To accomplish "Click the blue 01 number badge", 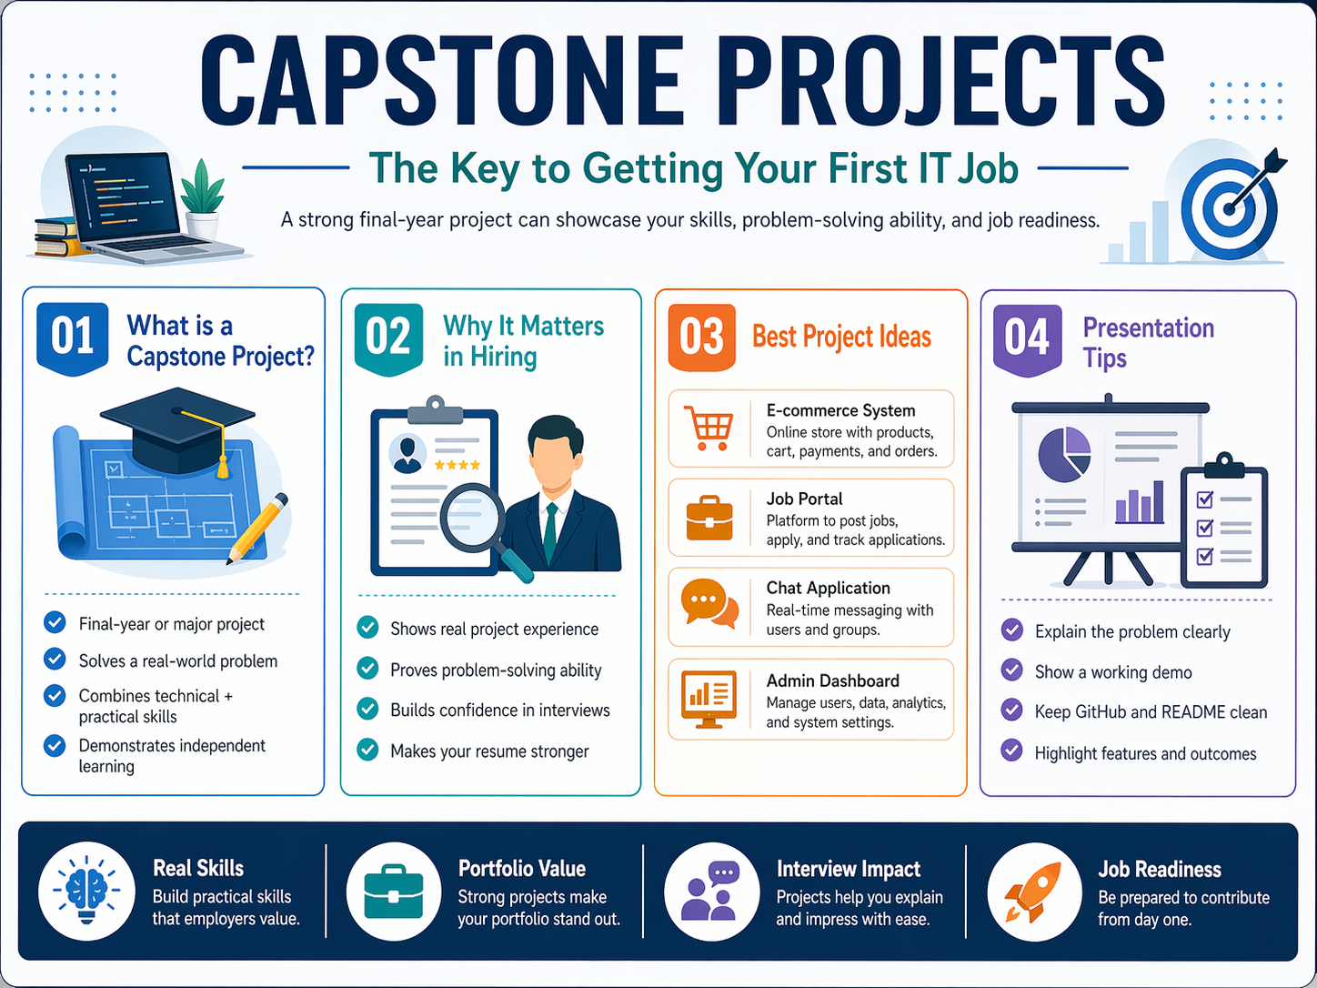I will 73,337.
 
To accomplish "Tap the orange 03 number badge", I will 701,337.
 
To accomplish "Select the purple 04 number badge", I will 1027,338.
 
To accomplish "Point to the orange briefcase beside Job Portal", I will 709,518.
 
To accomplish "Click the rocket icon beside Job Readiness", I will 1032,892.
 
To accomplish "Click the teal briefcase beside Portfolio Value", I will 393,892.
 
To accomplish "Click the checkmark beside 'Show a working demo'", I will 1011,670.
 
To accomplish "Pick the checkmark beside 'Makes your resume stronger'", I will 367,750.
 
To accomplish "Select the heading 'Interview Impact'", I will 848,869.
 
